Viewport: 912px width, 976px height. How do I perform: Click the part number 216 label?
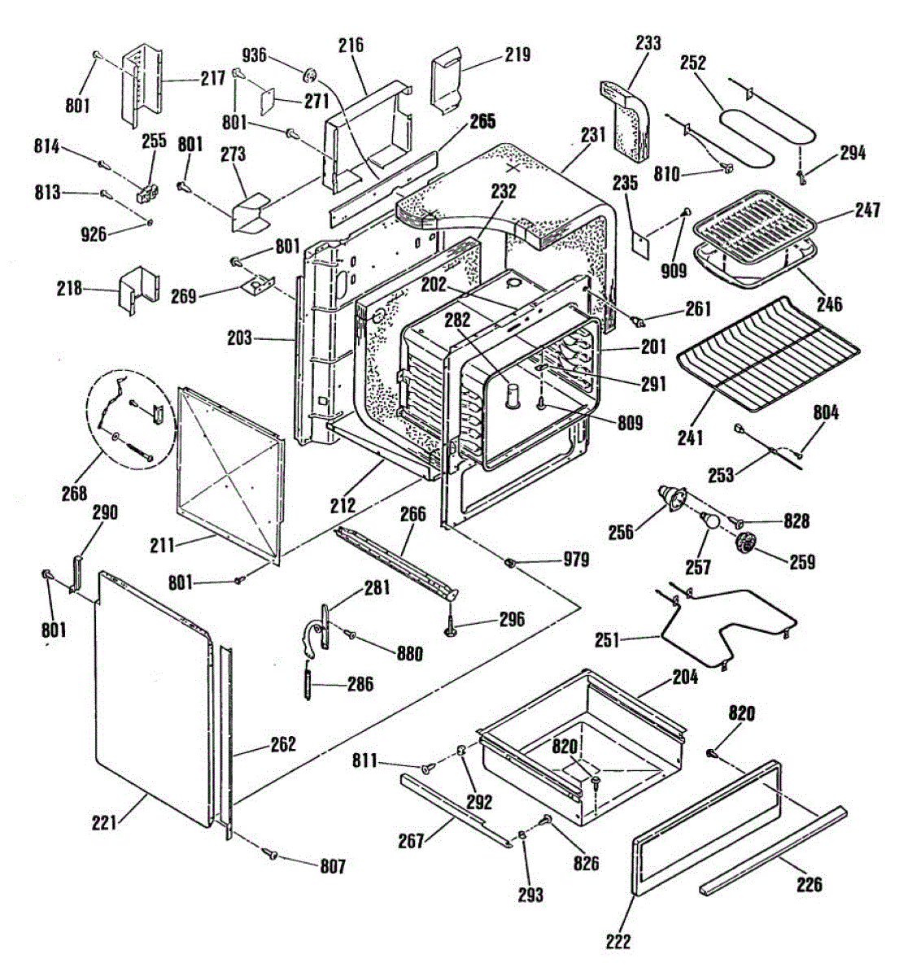351,45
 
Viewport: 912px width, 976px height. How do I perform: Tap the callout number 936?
255,55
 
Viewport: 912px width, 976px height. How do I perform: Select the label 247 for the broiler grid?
868,210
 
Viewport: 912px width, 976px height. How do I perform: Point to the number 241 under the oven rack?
690,437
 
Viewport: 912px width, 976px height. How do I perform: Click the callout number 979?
576,559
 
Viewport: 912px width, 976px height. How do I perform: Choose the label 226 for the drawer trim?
809,885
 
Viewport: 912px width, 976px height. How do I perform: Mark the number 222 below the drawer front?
618,941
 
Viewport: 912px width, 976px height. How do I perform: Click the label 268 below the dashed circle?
75,493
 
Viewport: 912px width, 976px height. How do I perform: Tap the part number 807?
333,866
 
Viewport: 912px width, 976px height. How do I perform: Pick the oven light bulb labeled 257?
709,521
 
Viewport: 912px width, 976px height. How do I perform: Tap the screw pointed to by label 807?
269,855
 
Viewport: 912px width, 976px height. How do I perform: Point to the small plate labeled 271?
267,101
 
